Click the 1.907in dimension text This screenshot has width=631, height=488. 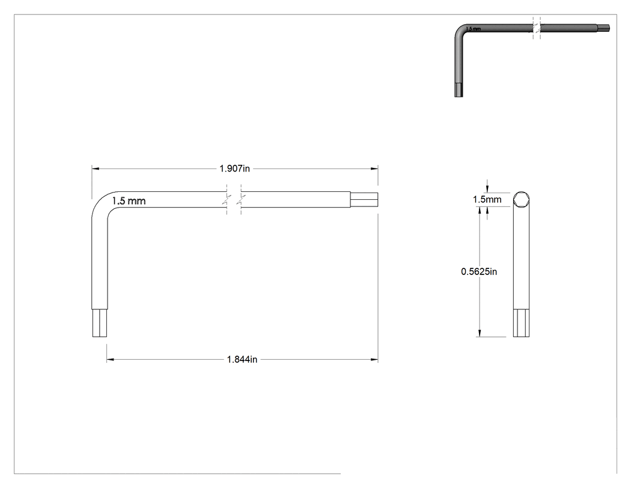point(234,168)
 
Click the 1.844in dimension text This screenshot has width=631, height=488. point(242,359)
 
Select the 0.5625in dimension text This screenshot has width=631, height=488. point(479,271)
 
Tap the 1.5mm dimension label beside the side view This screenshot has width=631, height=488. point(487,199)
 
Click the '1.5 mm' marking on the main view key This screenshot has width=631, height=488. point(129,201)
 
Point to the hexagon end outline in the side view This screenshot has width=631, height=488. point(521,199)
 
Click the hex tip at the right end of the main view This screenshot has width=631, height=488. point(364,199)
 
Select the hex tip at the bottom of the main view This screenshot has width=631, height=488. point(100,323)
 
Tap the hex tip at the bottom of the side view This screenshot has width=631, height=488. point(521,323)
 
